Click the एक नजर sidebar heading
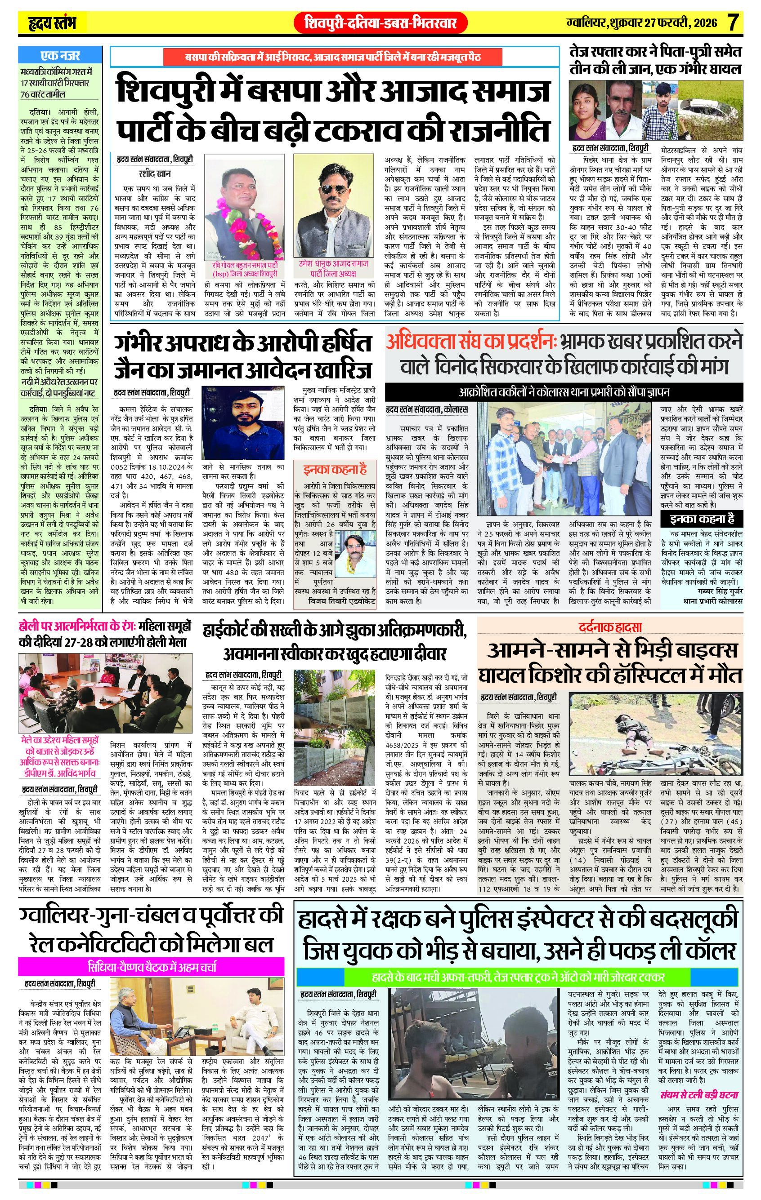(x=60, y=56)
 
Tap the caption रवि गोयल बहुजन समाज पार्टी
(x=244, y=265)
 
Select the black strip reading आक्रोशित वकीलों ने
(x=564, y=392)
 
